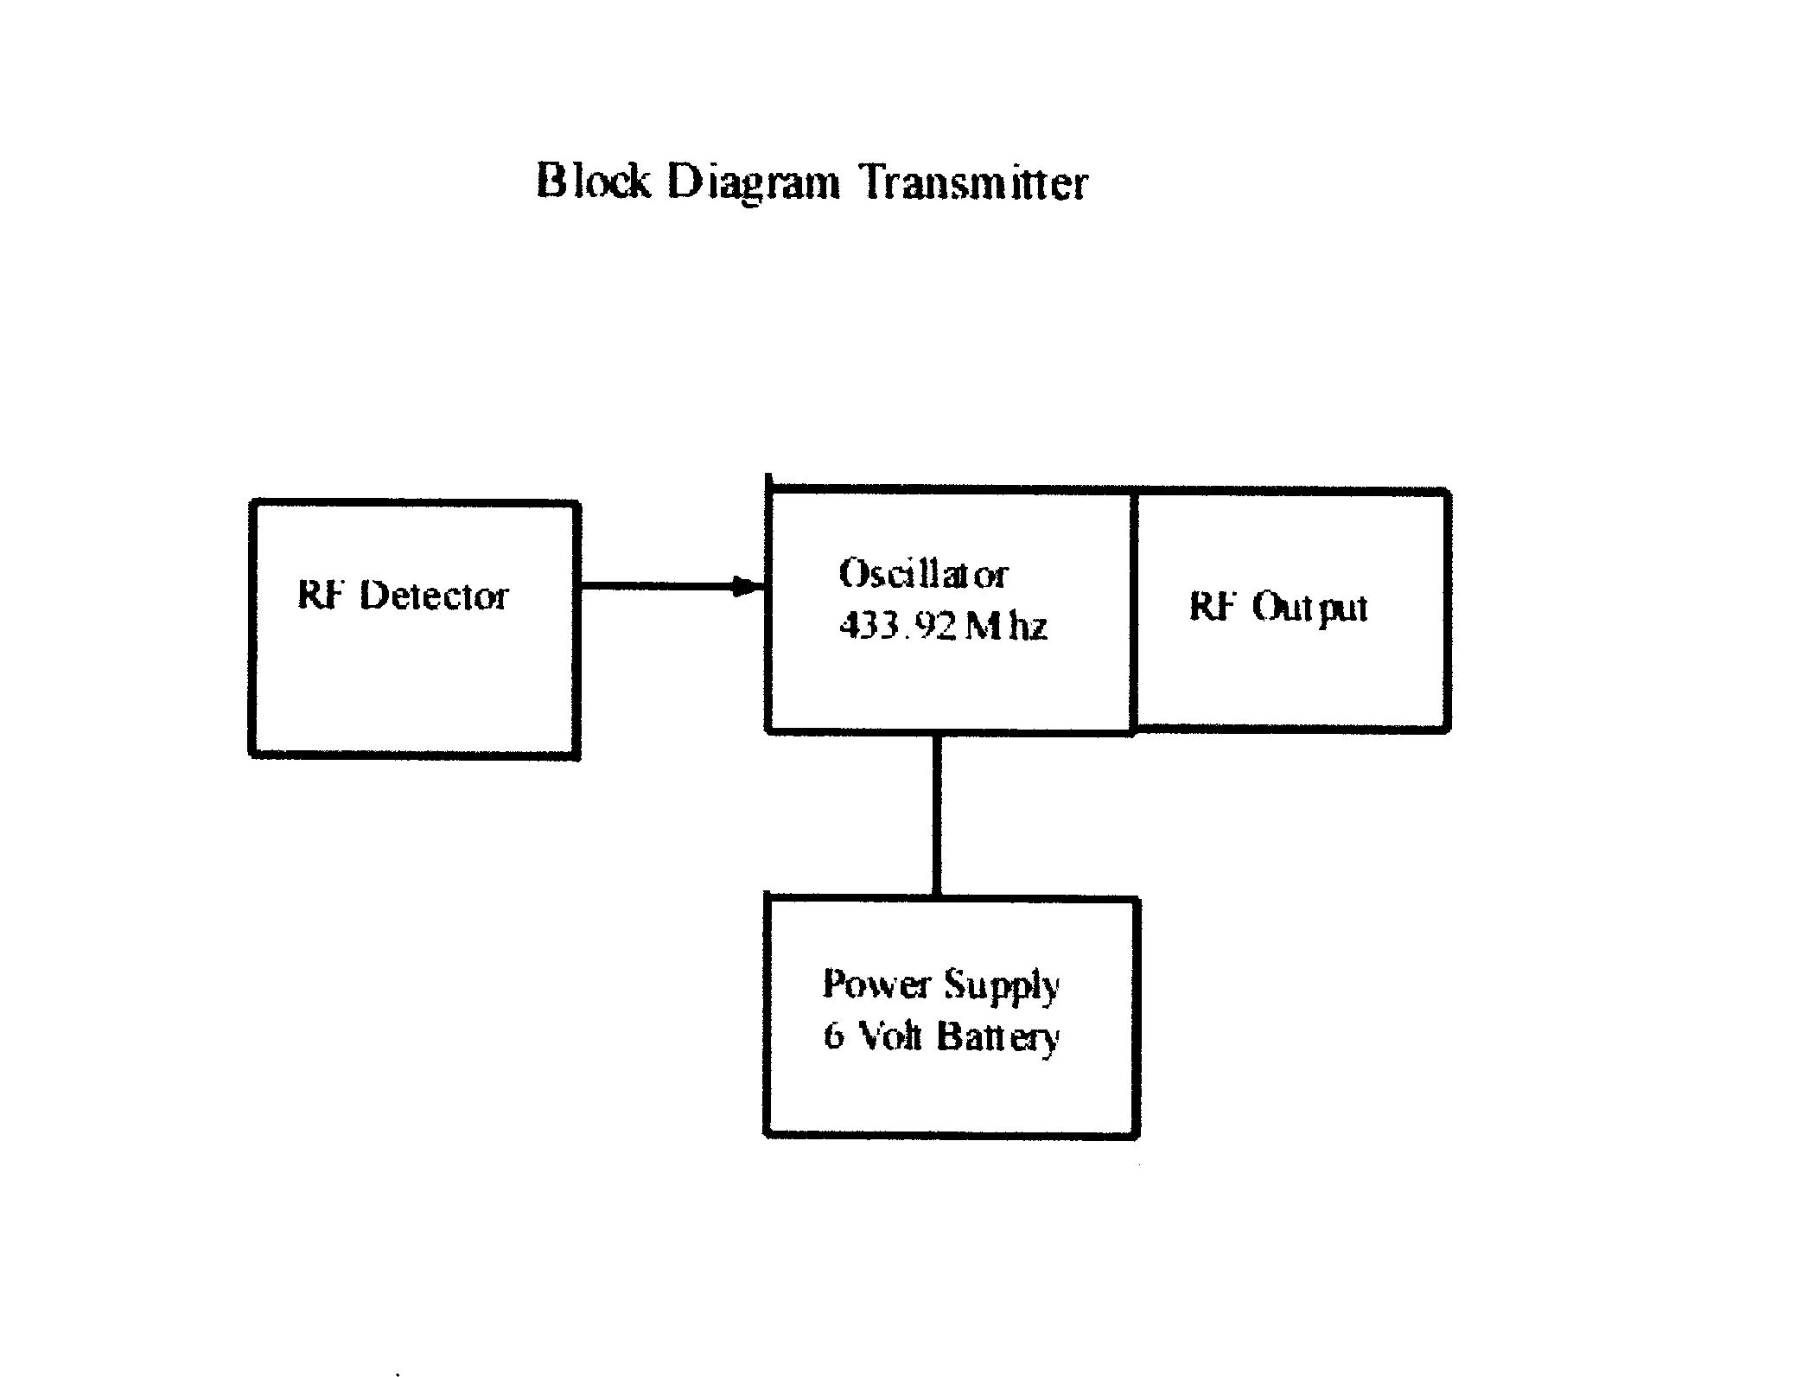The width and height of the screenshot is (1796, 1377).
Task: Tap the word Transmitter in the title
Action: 974,183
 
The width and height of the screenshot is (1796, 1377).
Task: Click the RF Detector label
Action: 403,596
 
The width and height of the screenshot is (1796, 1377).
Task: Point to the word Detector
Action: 434,596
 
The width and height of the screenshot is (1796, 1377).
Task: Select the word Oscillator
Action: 923,575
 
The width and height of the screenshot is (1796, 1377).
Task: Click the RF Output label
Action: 1278,607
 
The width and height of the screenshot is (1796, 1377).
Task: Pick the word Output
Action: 1310,608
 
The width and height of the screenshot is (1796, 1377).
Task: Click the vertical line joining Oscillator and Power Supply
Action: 937,815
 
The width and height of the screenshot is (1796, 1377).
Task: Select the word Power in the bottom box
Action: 876,984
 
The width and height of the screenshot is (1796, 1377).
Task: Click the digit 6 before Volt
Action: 833,1035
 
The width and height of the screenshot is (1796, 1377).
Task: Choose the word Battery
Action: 999,1036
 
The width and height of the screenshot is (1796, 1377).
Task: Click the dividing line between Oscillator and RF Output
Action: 1133,610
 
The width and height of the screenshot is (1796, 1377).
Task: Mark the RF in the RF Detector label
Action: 317,595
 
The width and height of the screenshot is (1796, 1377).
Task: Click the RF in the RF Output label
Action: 1209,606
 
